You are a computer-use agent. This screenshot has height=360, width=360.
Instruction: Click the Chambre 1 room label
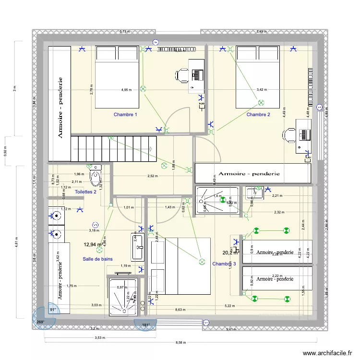click(x=125, y=115)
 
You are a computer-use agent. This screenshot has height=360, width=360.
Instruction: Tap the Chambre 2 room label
click(x=258, y=115)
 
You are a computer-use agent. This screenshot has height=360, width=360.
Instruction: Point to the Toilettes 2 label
click(x=86, y=192)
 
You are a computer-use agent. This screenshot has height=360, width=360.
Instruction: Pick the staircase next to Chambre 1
click(x=114, y=148)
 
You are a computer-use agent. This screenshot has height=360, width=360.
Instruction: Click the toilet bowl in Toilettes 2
click(x=96, y=177)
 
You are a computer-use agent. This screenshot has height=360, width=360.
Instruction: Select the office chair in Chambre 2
click(x=289, y=135)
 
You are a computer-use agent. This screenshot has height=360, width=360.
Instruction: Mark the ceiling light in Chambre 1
click(x=143, y=88)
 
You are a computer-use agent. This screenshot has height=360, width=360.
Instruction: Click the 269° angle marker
click(x=41, y=322)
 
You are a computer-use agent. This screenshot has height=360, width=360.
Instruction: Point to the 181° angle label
click(x=145, y=325)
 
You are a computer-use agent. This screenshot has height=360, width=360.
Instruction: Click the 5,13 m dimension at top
click(x=124, y=32)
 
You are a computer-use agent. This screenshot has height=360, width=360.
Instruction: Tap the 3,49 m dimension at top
click(x=262, y=32)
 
